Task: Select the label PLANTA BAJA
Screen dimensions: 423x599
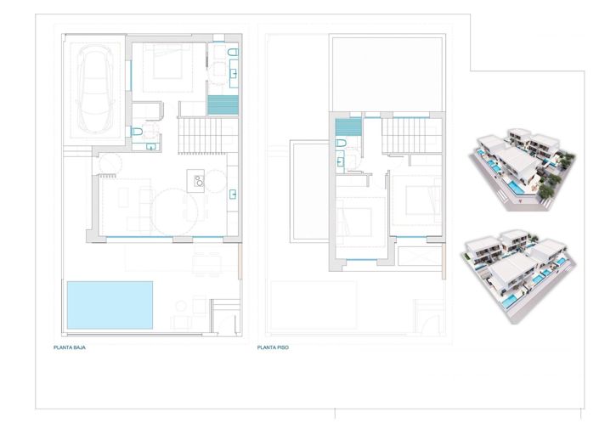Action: pos(70,348)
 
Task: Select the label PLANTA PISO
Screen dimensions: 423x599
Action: pos(274,348)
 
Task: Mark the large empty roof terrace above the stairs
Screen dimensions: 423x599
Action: pos(387,73)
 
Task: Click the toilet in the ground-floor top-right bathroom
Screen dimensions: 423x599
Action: pos(234,55)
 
